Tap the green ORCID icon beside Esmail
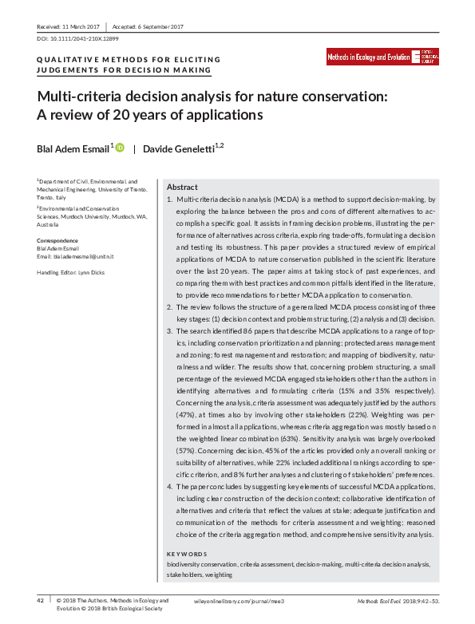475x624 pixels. pyautogui.click(x=120, y=148)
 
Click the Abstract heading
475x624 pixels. pyautogui.click(x=182, y=186)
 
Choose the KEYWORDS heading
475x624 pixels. pyautogui.click(x=187, y=553)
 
